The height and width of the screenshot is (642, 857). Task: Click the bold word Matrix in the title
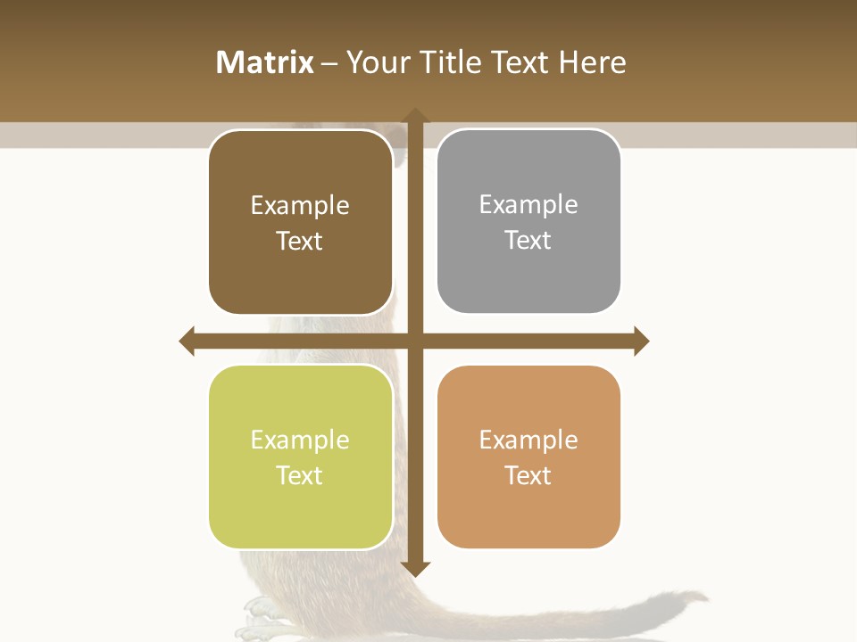265,62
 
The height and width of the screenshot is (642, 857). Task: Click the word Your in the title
375,62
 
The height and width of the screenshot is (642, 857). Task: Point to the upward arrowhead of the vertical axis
415,116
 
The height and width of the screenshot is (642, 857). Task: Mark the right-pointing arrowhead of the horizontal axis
641,341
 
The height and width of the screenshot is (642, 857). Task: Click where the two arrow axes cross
415,341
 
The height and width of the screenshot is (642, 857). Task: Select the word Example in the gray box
528,205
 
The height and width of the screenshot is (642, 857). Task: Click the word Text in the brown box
299,241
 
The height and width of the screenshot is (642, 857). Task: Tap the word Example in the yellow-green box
300,440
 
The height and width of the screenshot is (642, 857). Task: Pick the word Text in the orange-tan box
528,475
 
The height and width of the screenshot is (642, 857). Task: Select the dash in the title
330,63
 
